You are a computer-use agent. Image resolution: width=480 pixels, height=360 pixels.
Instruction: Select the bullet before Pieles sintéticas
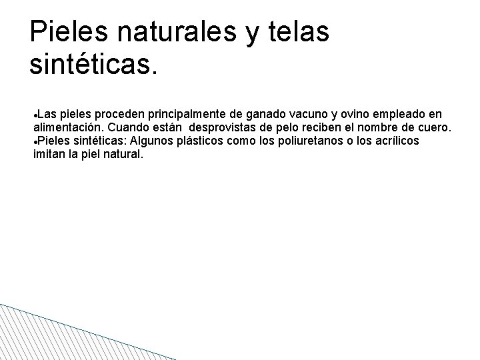coord(35,141)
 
